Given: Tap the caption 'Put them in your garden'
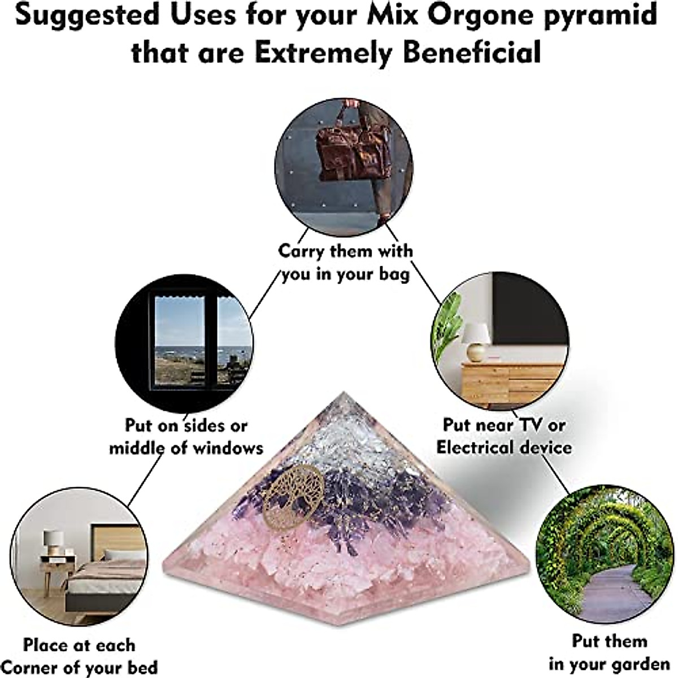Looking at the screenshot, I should pos(609,652).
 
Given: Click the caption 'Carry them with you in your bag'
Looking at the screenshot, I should pos(345,262).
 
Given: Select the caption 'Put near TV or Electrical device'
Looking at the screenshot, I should pos(503,436).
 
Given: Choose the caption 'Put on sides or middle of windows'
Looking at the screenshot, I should pos(186,437).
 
